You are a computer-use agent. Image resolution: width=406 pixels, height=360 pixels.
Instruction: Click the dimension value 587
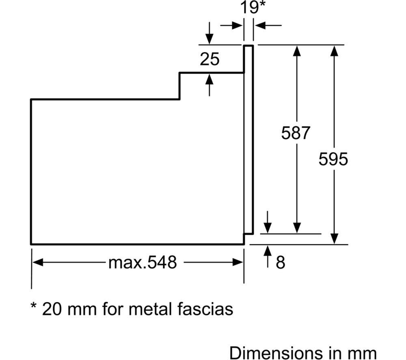296,133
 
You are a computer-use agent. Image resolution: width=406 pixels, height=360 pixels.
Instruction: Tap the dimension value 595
333,159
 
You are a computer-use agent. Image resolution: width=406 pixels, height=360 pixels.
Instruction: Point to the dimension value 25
209,60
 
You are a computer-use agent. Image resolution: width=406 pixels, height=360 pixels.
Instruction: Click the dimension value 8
281,263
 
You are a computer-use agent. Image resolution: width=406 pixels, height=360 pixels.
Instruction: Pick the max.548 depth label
143,263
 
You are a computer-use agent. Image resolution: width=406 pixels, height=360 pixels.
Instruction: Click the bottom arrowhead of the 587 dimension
297,228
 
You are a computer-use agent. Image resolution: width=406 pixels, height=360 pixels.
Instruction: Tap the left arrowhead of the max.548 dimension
37,262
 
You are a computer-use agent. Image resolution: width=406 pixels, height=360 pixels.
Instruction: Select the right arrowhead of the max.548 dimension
238,262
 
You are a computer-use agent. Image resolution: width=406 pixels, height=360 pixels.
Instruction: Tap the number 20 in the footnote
52,309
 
